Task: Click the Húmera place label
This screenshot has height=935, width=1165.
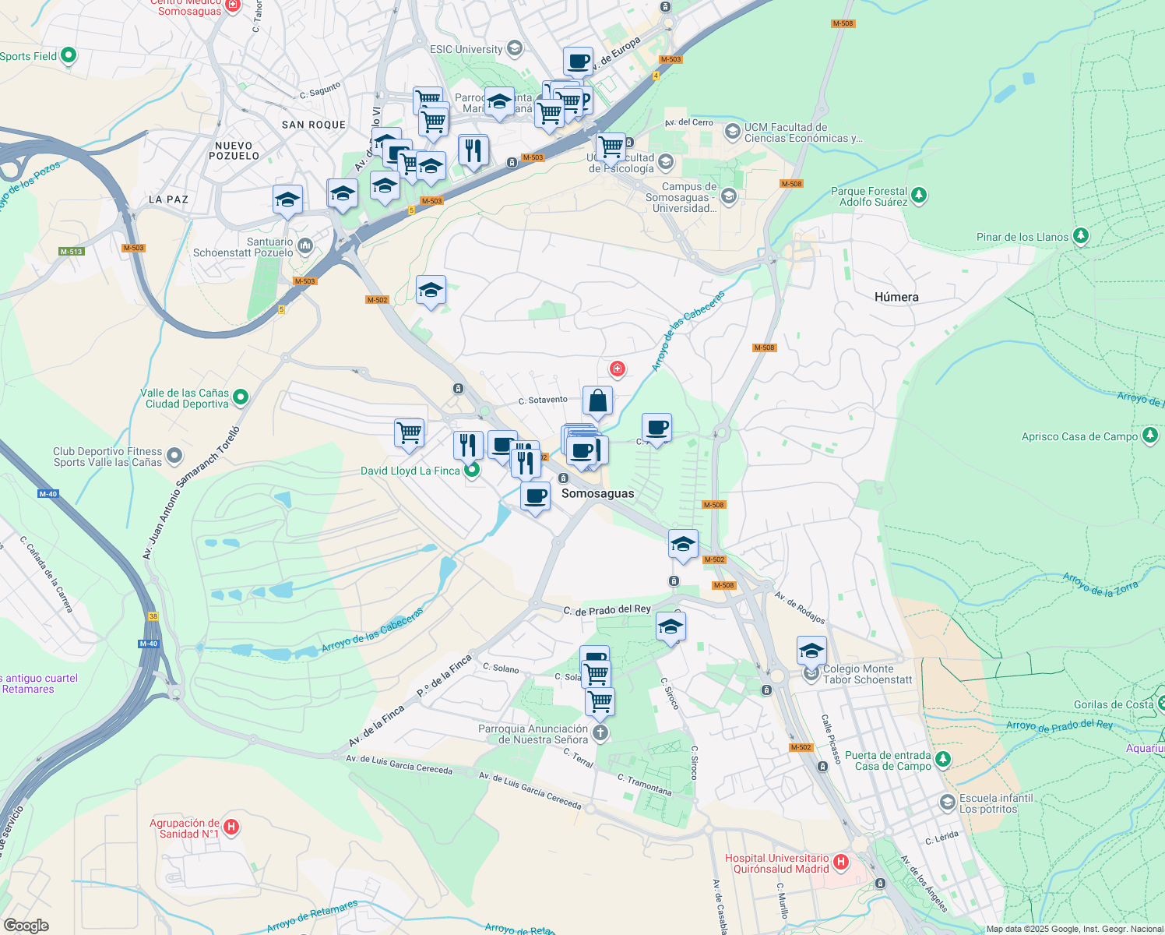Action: pyautogui.click(x=896, y=297)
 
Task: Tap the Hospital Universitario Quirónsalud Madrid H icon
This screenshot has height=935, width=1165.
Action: pyautogui.click(x=840, y=863)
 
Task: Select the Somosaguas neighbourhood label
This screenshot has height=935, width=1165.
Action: pyautogui.click(x=597, y=493)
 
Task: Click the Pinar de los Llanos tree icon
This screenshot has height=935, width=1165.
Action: pyautogui.click(x=1080, y=236)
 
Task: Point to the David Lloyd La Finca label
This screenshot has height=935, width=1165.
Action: pyautogui.click(x=410, y=471)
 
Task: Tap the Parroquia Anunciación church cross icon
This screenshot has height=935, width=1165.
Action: pyautogui.click(x=600, y=732)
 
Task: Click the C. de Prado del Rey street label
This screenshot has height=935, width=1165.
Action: pyautogui.click(x=607, y=610)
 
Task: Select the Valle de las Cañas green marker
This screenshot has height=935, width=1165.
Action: pyautogui.click(x=241, y=397)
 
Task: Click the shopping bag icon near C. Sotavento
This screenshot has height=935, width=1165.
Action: pyautogui.click(x=597, y=401)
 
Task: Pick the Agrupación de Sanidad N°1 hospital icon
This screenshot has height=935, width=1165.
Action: pyautogui.click(x=231, y=827)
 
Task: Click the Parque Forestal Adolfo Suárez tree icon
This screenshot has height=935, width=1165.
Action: pyautogui.click(x=919, y=195)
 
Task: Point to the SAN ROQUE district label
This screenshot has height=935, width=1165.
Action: pyautogui.click(x=314, y=125)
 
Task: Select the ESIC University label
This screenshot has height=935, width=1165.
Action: pyautogui.click(x=466, y=49)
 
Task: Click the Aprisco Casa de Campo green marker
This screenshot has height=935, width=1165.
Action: pyautogui.click(x=1150, y=436)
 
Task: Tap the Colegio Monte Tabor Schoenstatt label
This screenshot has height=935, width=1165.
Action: pyautogui.click(x=868, y=674)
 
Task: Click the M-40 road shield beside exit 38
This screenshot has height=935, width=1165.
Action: pyautogui.click(x=148, y=644)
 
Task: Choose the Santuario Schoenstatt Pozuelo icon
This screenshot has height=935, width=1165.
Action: pyautogui.click(x=304, y=246)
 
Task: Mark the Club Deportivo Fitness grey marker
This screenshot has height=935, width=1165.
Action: pyautogui.click(x=174, y=455)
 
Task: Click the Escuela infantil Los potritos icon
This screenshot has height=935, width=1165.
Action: pyautogui.click(x=947, y=802)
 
